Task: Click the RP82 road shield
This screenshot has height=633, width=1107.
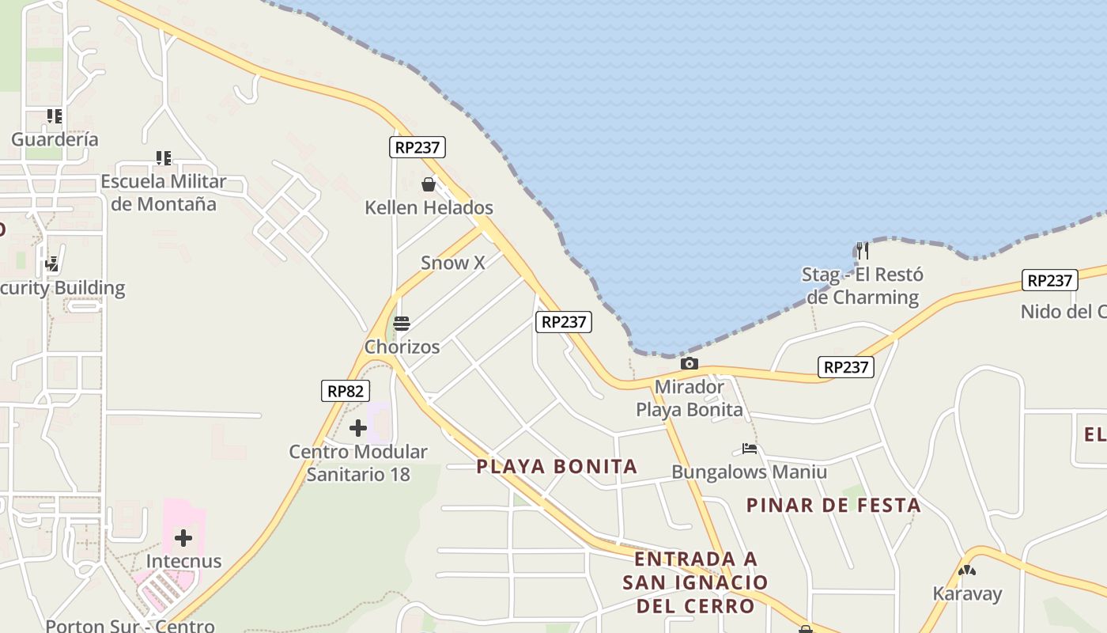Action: click(346, 391)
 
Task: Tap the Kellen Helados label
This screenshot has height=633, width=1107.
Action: click(429, 208)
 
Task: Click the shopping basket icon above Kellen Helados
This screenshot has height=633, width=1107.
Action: click(429, 184)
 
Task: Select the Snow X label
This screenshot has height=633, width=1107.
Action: click(452, 263)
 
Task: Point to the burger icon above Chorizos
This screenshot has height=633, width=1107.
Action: click(402, 324)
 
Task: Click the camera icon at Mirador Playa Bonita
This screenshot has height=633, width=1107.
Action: click(690, 363)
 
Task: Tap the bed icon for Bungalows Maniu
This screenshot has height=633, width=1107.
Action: click(750, 449)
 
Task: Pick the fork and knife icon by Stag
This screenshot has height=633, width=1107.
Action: click(863, 251)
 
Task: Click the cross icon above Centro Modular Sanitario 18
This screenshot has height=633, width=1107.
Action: click(358, 428)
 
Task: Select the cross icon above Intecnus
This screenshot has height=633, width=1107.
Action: click(183, 538)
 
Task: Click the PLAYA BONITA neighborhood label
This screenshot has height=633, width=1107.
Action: click(557, 466)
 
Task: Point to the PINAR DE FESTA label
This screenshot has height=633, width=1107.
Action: click(834, 505)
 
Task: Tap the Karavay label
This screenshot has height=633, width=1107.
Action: click(967, 593)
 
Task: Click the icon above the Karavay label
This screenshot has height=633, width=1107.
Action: click(967, 570)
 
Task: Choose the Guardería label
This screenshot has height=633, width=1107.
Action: click(55, 139)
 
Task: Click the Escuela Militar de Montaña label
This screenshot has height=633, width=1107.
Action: click(164, 192)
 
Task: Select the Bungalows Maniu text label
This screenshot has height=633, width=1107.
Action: click(750, 472)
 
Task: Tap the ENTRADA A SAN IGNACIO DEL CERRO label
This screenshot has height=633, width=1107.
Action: click(695, 582)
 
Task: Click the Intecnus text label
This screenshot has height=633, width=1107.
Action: click(183, 562)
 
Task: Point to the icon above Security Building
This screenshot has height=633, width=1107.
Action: click(52, 264)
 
